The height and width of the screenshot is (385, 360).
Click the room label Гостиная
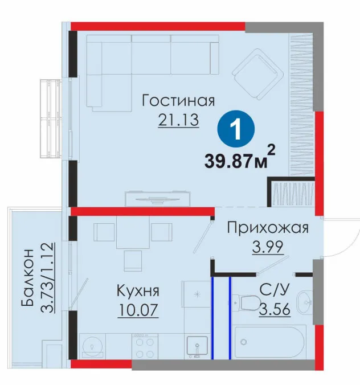click(178, 100)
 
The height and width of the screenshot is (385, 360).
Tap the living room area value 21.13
click(178, 120)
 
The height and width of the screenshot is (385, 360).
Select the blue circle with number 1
click(236, 129)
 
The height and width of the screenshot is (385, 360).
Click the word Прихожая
click(268, 228)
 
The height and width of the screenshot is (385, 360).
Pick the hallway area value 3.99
click(268, 247)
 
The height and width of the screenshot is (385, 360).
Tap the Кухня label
click(138, 291)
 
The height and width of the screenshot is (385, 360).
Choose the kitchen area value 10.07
click(138, 310)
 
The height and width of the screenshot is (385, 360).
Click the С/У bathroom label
click(275, 290)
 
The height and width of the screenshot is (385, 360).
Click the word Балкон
click(27, 277)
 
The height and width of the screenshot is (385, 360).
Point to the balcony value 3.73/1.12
click(47, 277)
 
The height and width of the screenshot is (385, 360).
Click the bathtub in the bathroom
click(269, 342)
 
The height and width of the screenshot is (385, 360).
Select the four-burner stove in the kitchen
click(145, 346)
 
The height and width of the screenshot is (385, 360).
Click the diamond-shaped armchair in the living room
click(257, 74)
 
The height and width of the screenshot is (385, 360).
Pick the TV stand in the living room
click(158, 199)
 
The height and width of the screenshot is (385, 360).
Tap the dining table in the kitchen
click(133, 232)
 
